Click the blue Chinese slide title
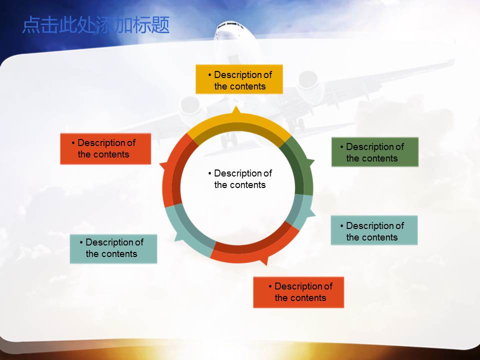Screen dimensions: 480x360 click(x=96, y=25)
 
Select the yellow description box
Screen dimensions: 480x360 click(x=239, y=79)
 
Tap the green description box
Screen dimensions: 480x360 click(x=375, y=152)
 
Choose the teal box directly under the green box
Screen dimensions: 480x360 click(x=374, y=230)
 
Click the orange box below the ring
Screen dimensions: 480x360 click(x=298, y=292)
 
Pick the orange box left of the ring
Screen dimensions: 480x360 click(x=105, y=149)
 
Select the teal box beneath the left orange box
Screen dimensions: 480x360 click(x=113, y=249)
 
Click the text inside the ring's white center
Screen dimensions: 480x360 click(x=240, y=179)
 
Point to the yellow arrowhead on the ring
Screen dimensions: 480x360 click(x=236, y=110)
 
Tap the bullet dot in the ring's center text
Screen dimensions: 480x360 click(x=209, y=173)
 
